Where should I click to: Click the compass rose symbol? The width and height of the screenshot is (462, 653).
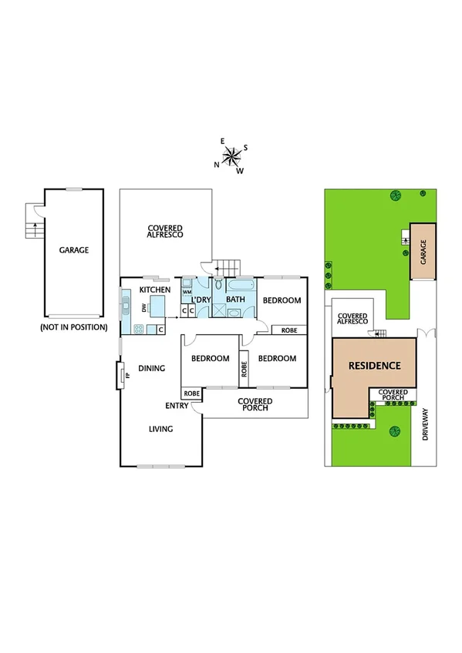231,156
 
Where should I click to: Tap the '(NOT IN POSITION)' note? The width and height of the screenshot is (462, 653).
73,327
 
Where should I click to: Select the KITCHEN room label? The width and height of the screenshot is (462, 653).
154,290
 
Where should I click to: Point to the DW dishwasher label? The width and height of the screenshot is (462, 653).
144,308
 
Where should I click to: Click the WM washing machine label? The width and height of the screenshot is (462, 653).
187,293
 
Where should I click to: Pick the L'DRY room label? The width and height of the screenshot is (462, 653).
202,300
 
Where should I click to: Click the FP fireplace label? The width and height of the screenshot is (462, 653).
128,377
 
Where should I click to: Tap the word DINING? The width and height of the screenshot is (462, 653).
152,369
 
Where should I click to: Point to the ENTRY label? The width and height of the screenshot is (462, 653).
177,406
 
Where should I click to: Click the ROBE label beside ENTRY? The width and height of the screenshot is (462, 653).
191,393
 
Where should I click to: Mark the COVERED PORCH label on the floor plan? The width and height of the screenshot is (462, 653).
254,404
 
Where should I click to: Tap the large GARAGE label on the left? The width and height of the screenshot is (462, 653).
74,250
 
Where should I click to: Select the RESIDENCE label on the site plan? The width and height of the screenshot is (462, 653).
374,366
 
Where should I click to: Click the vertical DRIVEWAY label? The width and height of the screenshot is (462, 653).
425,424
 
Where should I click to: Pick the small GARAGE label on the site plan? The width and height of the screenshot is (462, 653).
423,252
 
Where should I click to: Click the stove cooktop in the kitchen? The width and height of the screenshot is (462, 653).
140,330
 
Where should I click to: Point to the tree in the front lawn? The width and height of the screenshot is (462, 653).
395,431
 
